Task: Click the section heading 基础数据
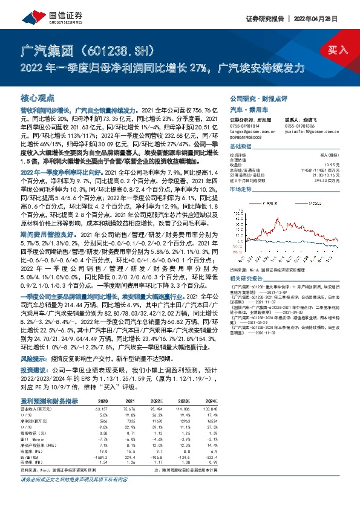240,147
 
